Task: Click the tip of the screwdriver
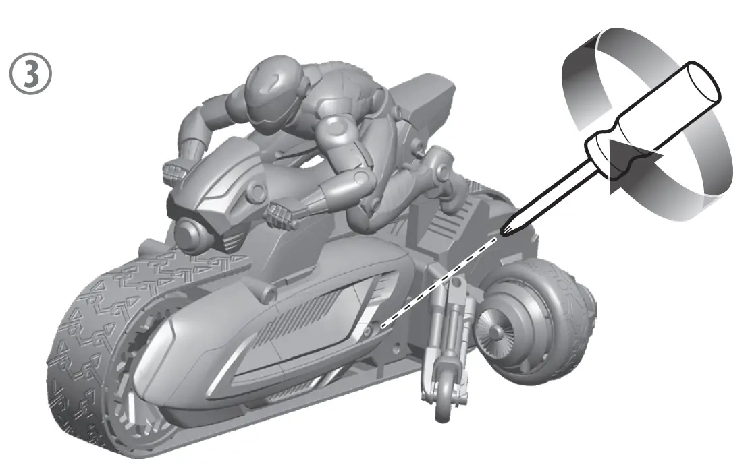click(x=503, y=232)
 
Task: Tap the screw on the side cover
click(x=367, y=330)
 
